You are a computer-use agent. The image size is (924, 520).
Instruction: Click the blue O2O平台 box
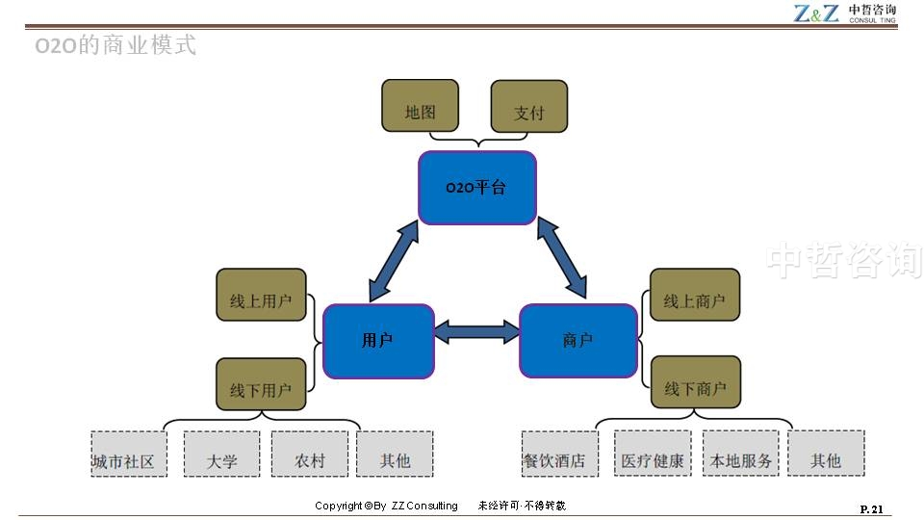[476, 188]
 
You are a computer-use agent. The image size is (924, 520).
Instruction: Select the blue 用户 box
[378, 341]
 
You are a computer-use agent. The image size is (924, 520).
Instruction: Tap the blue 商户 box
[577, 341]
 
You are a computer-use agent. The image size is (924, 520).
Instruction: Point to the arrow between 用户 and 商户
[476, 333]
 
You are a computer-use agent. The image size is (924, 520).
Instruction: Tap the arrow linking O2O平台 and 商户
[561, 257]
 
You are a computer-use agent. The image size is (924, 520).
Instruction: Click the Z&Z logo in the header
[816, 13]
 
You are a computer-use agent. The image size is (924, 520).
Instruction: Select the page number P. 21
[870, 508]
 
